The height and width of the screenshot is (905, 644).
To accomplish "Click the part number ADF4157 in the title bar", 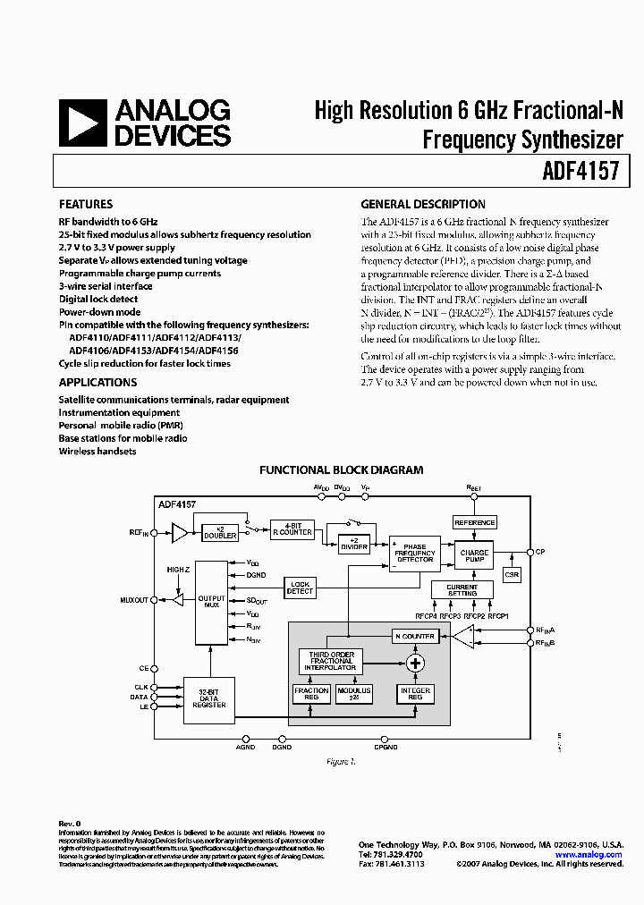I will [x=580, y=170].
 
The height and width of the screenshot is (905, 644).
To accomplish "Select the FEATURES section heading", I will [x=86, y=204].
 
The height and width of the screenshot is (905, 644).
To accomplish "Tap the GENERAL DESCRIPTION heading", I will [x=423, y=204].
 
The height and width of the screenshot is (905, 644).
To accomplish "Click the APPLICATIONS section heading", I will [x=97, y=383].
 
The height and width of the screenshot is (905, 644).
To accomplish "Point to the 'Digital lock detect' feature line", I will [x=98, y=300].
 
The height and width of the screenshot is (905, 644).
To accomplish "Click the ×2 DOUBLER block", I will [x=220, y=532].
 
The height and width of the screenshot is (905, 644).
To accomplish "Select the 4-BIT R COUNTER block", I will [x=292, y=529].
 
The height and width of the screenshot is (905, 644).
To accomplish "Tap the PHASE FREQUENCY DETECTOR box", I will [x=415, y=553].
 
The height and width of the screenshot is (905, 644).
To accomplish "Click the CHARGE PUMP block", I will [x=474, y=555].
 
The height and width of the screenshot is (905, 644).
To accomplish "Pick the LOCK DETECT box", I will [x=300, y=588].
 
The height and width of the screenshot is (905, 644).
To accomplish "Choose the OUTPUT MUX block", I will [x=211, y=601].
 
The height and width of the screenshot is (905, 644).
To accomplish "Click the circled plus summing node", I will [x=415, y=663].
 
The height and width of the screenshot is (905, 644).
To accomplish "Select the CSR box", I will [x=512, y=575].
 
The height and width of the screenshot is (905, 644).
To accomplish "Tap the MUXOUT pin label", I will [x=134, y=600].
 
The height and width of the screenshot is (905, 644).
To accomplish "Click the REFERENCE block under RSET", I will [x=474, y=522].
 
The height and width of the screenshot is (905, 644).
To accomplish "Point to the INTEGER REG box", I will [x=415, y=694].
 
